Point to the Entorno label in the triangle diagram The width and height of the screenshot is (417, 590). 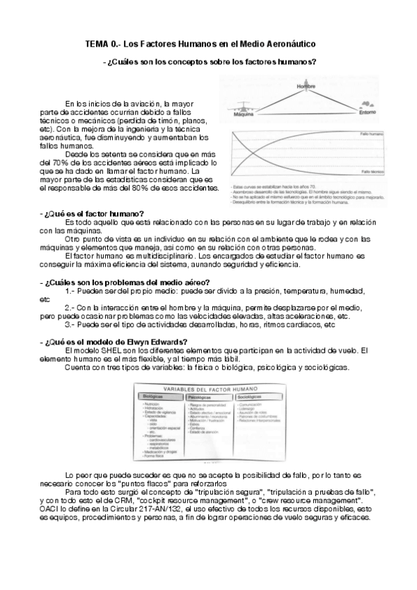click(369, 111)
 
